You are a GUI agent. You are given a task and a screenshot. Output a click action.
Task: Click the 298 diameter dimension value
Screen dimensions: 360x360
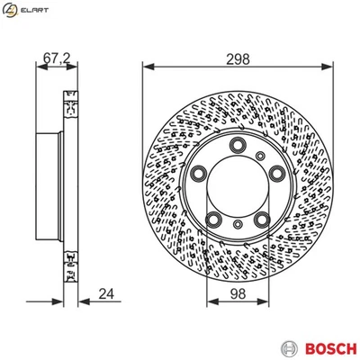238,59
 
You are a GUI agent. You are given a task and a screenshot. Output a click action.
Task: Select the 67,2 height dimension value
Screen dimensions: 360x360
56,59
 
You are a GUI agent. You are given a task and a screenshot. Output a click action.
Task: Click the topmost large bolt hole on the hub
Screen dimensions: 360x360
238,147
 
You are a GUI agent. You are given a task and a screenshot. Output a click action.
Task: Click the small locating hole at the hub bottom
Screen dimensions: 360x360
238,227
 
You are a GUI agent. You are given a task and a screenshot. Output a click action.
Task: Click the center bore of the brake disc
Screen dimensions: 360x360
238,185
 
